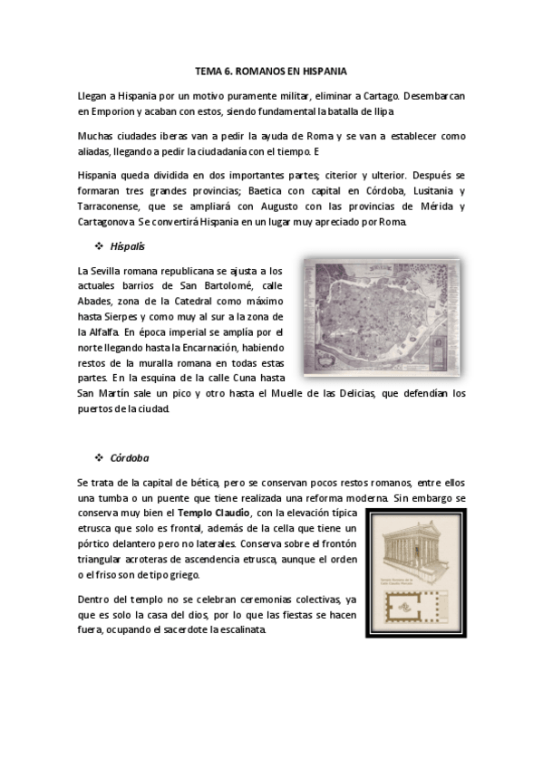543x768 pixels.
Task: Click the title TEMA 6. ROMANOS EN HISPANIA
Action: (x=271, y=70)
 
